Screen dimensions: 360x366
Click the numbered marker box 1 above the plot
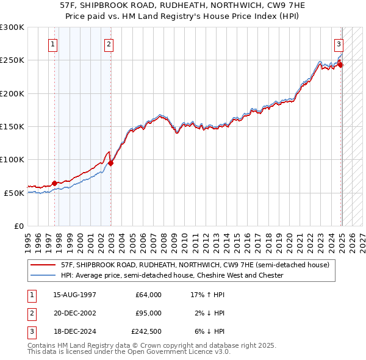pos(53,44)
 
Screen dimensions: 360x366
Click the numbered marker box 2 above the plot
pos(108,44)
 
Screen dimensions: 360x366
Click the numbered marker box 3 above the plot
pos(338,44)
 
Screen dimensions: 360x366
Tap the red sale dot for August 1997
pos(54,183)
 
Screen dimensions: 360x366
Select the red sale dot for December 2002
pos(111,162)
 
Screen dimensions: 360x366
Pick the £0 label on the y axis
pos(18,226)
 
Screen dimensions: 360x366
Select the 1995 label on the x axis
pos(28,239)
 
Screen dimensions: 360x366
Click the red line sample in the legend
pos(43,265)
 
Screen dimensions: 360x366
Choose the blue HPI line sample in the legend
pos(43,275)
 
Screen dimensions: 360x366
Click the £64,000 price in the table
pos(148,295)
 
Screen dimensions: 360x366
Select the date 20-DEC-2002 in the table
pos(75,314)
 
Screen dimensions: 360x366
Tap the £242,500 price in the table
pos(146,332)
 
